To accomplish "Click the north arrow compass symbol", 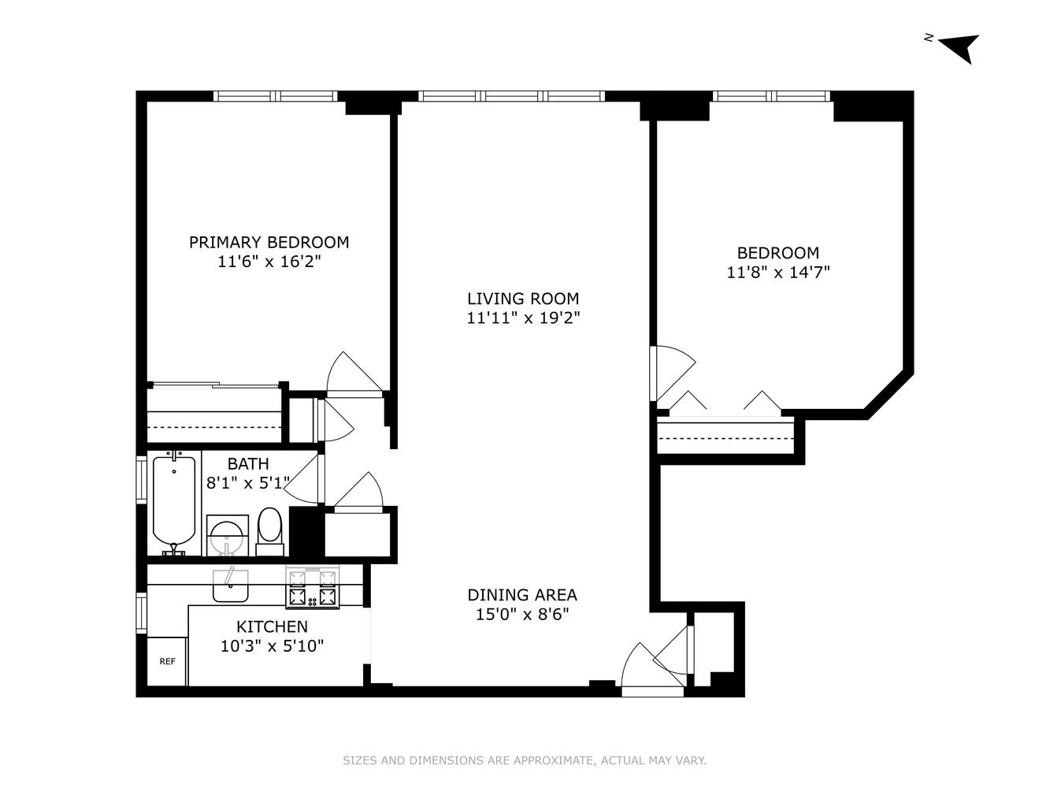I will coord(960,47).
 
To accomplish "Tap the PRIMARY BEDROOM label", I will coord(269,243).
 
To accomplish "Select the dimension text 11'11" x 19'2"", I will coord(523,318).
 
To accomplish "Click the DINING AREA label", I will coord(522,595).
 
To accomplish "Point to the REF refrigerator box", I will coord(167,662).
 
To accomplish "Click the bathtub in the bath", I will coord(174,500).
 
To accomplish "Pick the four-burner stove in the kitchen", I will coord(313,588).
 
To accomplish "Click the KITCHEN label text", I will coord(272,627).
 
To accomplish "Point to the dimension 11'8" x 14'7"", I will coord(777,273).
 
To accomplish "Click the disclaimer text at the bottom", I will coord(525,760).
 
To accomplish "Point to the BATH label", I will coord(248,464).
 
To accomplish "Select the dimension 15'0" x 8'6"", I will coord(522,615).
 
